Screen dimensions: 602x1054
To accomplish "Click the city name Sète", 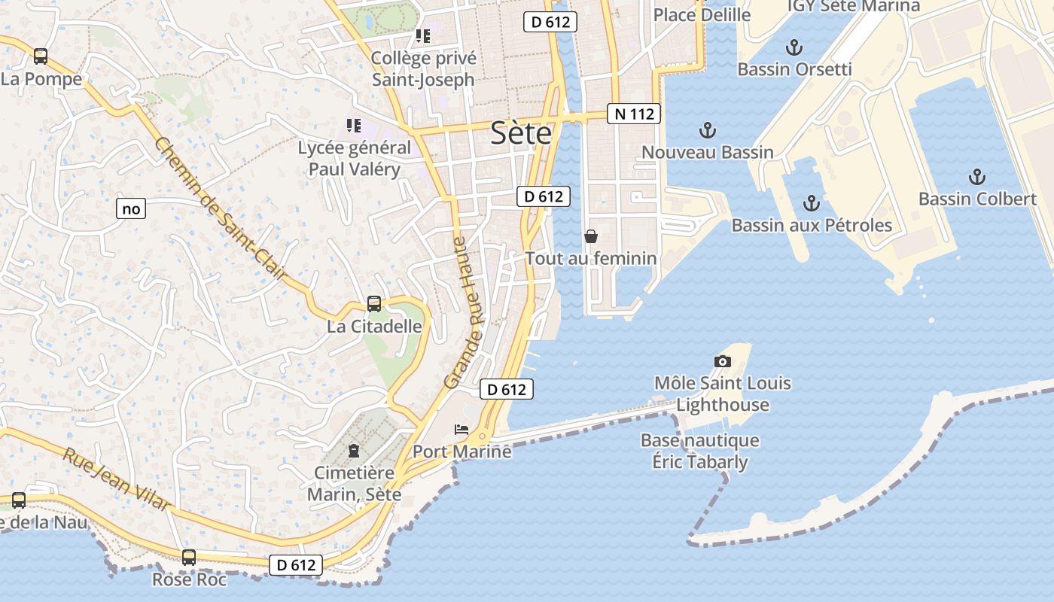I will [x=520, y=134].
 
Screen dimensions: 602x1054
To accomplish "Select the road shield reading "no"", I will [x=131, y=208].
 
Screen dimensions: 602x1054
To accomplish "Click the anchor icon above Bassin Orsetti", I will [x=794, y=48].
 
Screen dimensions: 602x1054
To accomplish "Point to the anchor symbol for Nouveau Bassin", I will [x=707, y=131].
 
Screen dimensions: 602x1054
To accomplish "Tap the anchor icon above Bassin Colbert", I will [x=976, y=178].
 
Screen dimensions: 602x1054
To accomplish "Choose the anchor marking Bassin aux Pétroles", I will [x=811, y=203].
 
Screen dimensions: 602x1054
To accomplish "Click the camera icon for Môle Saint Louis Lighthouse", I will [x=722, y=362].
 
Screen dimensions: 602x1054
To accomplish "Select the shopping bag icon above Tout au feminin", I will [x=591, y=236].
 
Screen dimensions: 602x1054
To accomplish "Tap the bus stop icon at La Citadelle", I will [x=374, y=304].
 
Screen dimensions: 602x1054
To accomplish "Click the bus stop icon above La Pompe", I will [x=41, y=56].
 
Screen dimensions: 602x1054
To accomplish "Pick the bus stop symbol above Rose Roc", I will [x=189, y=558].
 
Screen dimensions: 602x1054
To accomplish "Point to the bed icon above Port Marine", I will [x=462, y=430].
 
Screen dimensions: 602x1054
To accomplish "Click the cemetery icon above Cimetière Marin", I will [x=353, y=451].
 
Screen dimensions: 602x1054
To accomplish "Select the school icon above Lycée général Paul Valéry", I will [x=354, y=126].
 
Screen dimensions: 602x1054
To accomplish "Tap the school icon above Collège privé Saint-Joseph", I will [x=423, y=36].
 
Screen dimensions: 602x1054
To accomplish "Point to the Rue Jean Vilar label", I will [x=117, y=479].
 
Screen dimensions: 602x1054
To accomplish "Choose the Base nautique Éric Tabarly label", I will [x=700, y=450].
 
